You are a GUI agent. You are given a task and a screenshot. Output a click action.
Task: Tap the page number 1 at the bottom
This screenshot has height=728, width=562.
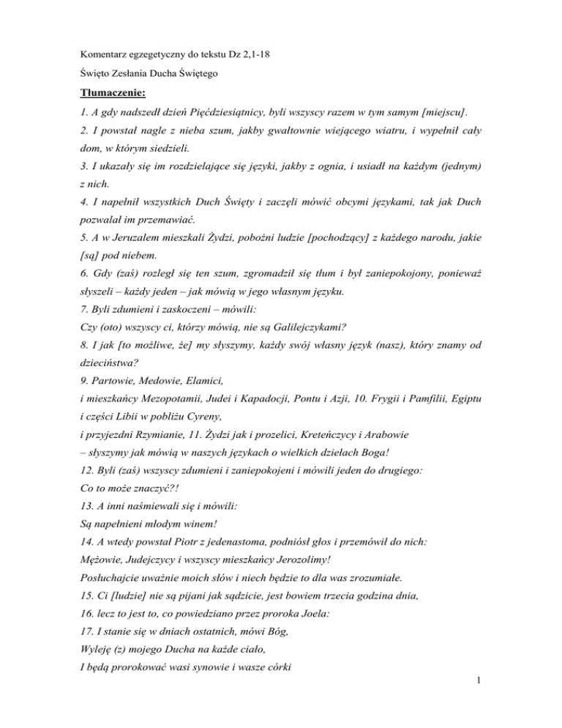(x=482, y=707)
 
